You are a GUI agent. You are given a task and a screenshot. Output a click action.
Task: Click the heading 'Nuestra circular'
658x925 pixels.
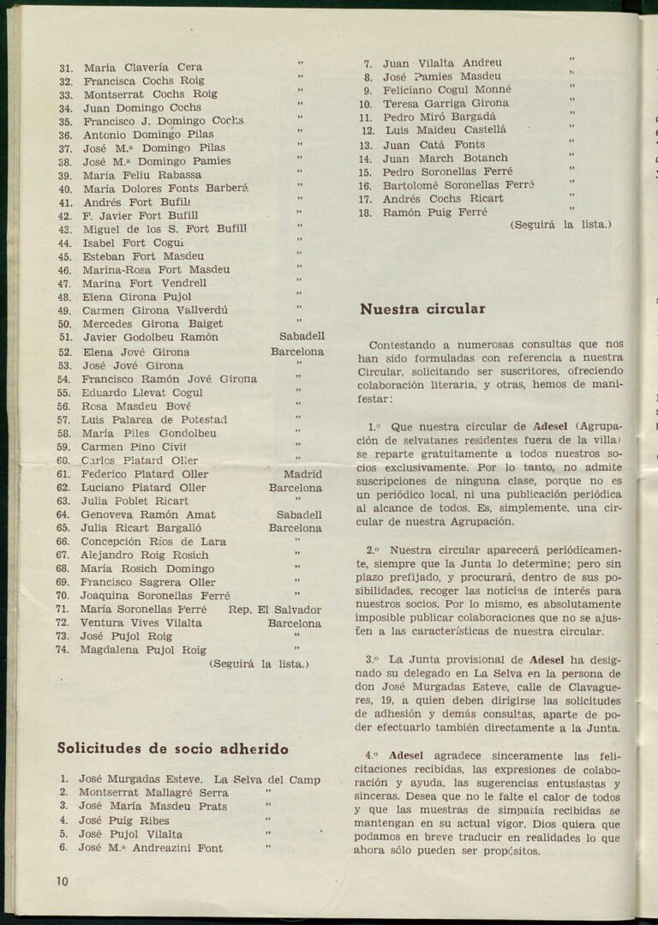[x=422, y=309]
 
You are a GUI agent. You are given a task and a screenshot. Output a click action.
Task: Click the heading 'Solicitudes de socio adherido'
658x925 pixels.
[x=172, y=748]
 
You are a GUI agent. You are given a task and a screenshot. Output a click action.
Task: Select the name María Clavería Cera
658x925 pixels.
[x=142, y=67]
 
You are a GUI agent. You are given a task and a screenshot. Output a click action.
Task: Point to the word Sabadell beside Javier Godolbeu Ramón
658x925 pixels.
[x=302, y=337]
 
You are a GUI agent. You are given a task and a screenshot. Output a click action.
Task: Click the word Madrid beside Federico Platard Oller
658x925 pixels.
[x=302, y=474]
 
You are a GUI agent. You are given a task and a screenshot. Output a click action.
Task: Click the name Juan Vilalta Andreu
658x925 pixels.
[x=442, y=63]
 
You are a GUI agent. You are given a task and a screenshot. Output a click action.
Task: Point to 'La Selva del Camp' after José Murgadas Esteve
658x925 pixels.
[x=267, y=779]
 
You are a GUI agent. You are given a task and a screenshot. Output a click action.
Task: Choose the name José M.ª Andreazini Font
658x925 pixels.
[x=151, y=848]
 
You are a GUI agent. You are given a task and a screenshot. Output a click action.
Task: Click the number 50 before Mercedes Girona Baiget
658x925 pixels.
[x=64, y=324]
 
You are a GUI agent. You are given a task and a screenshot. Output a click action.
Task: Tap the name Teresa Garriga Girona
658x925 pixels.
[x=446, y=103]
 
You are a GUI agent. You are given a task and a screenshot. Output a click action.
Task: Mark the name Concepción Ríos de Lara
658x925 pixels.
[x=153, y=542]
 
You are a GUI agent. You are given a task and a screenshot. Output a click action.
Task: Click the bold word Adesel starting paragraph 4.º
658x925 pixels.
[x=406, y=755]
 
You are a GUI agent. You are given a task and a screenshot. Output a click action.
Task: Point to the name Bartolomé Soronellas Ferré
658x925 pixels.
[x=458, y=185]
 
